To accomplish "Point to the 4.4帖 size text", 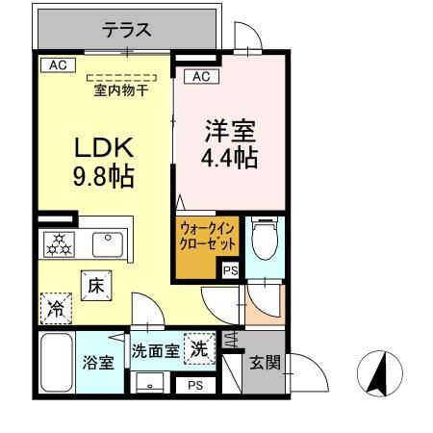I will [231, 158].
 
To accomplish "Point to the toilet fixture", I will [263, 241].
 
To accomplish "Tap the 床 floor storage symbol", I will [97, 286].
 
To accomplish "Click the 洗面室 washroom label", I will [155, 351].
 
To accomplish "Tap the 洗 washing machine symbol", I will [200, 348].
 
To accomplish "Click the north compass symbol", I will [380, 373].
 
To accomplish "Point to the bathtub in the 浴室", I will [57, 363].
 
